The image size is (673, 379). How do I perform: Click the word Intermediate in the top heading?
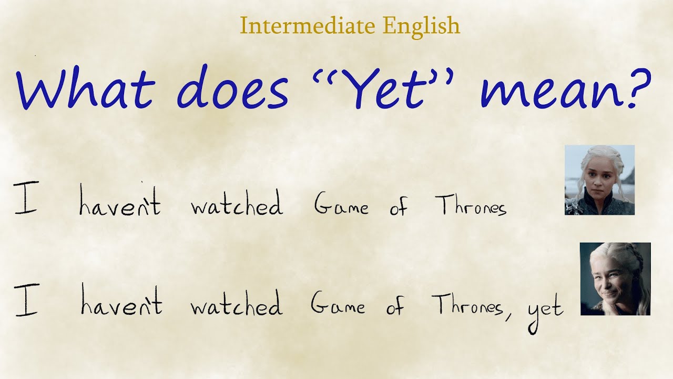(308, 25)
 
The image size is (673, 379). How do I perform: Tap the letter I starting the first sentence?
(25, 200)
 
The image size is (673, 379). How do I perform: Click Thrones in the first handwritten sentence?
(471, 205)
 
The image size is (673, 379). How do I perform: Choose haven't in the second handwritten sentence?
(121, 303)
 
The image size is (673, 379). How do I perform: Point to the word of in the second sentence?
(396, 305)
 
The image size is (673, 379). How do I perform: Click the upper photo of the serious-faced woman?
(599, 180)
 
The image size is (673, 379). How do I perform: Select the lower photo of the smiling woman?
(615, 279)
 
